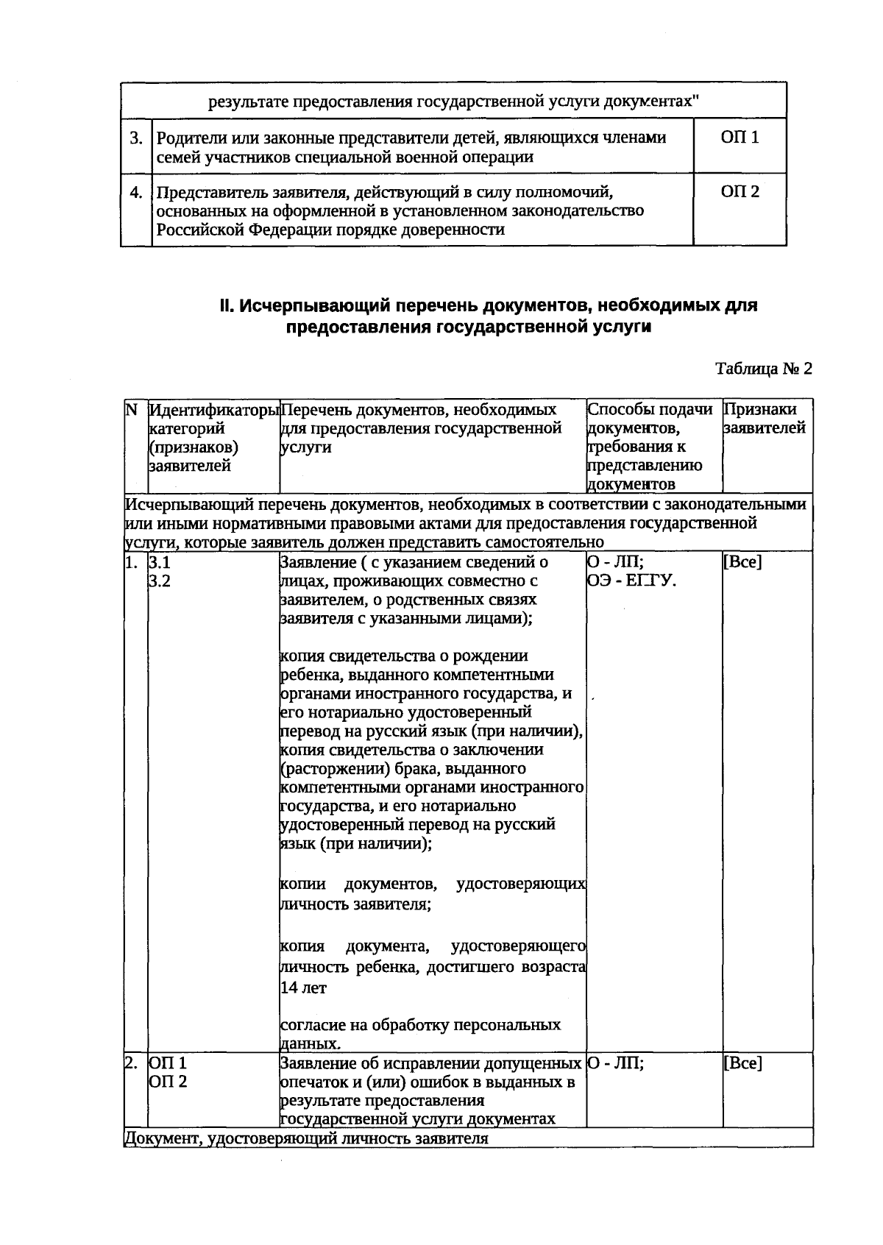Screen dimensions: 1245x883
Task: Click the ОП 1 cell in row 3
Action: pos(740,138)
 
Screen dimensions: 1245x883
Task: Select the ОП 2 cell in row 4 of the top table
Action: pos(740,193)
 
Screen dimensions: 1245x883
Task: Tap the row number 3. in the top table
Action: pos(136,138)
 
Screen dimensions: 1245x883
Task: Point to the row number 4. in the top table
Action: pos(136,193)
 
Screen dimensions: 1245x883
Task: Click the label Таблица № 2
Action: pos(764,369)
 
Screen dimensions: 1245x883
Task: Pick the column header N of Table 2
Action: pos(132,410)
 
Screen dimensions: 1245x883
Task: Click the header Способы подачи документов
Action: pos(650,419)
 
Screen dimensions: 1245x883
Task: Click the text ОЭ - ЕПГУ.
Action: pos(632,581)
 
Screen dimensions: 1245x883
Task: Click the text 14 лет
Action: pos(303,988)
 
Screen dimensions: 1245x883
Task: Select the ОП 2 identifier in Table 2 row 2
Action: pos(167,1082)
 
